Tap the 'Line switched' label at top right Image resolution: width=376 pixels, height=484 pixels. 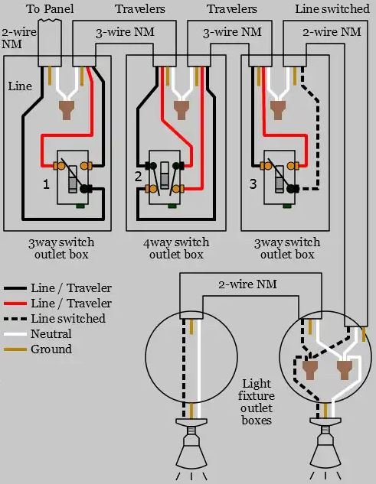(332, 9)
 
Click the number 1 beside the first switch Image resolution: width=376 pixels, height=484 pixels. (46, 184)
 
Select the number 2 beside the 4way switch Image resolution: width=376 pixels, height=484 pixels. (138, 177)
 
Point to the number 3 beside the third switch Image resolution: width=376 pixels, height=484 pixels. (253, 184)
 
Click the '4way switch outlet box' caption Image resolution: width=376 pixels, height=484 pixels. (176, 248)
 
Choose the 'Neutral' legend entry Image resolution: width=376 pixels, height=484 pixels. (51, 334)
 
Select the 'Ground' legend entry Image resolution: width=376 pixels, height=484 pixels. (51, 349)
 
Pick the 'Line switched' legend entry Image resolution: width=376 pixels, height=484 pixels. (68, 319)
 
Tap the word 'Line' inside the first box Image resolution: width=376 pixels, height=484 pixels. (20, 86)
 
